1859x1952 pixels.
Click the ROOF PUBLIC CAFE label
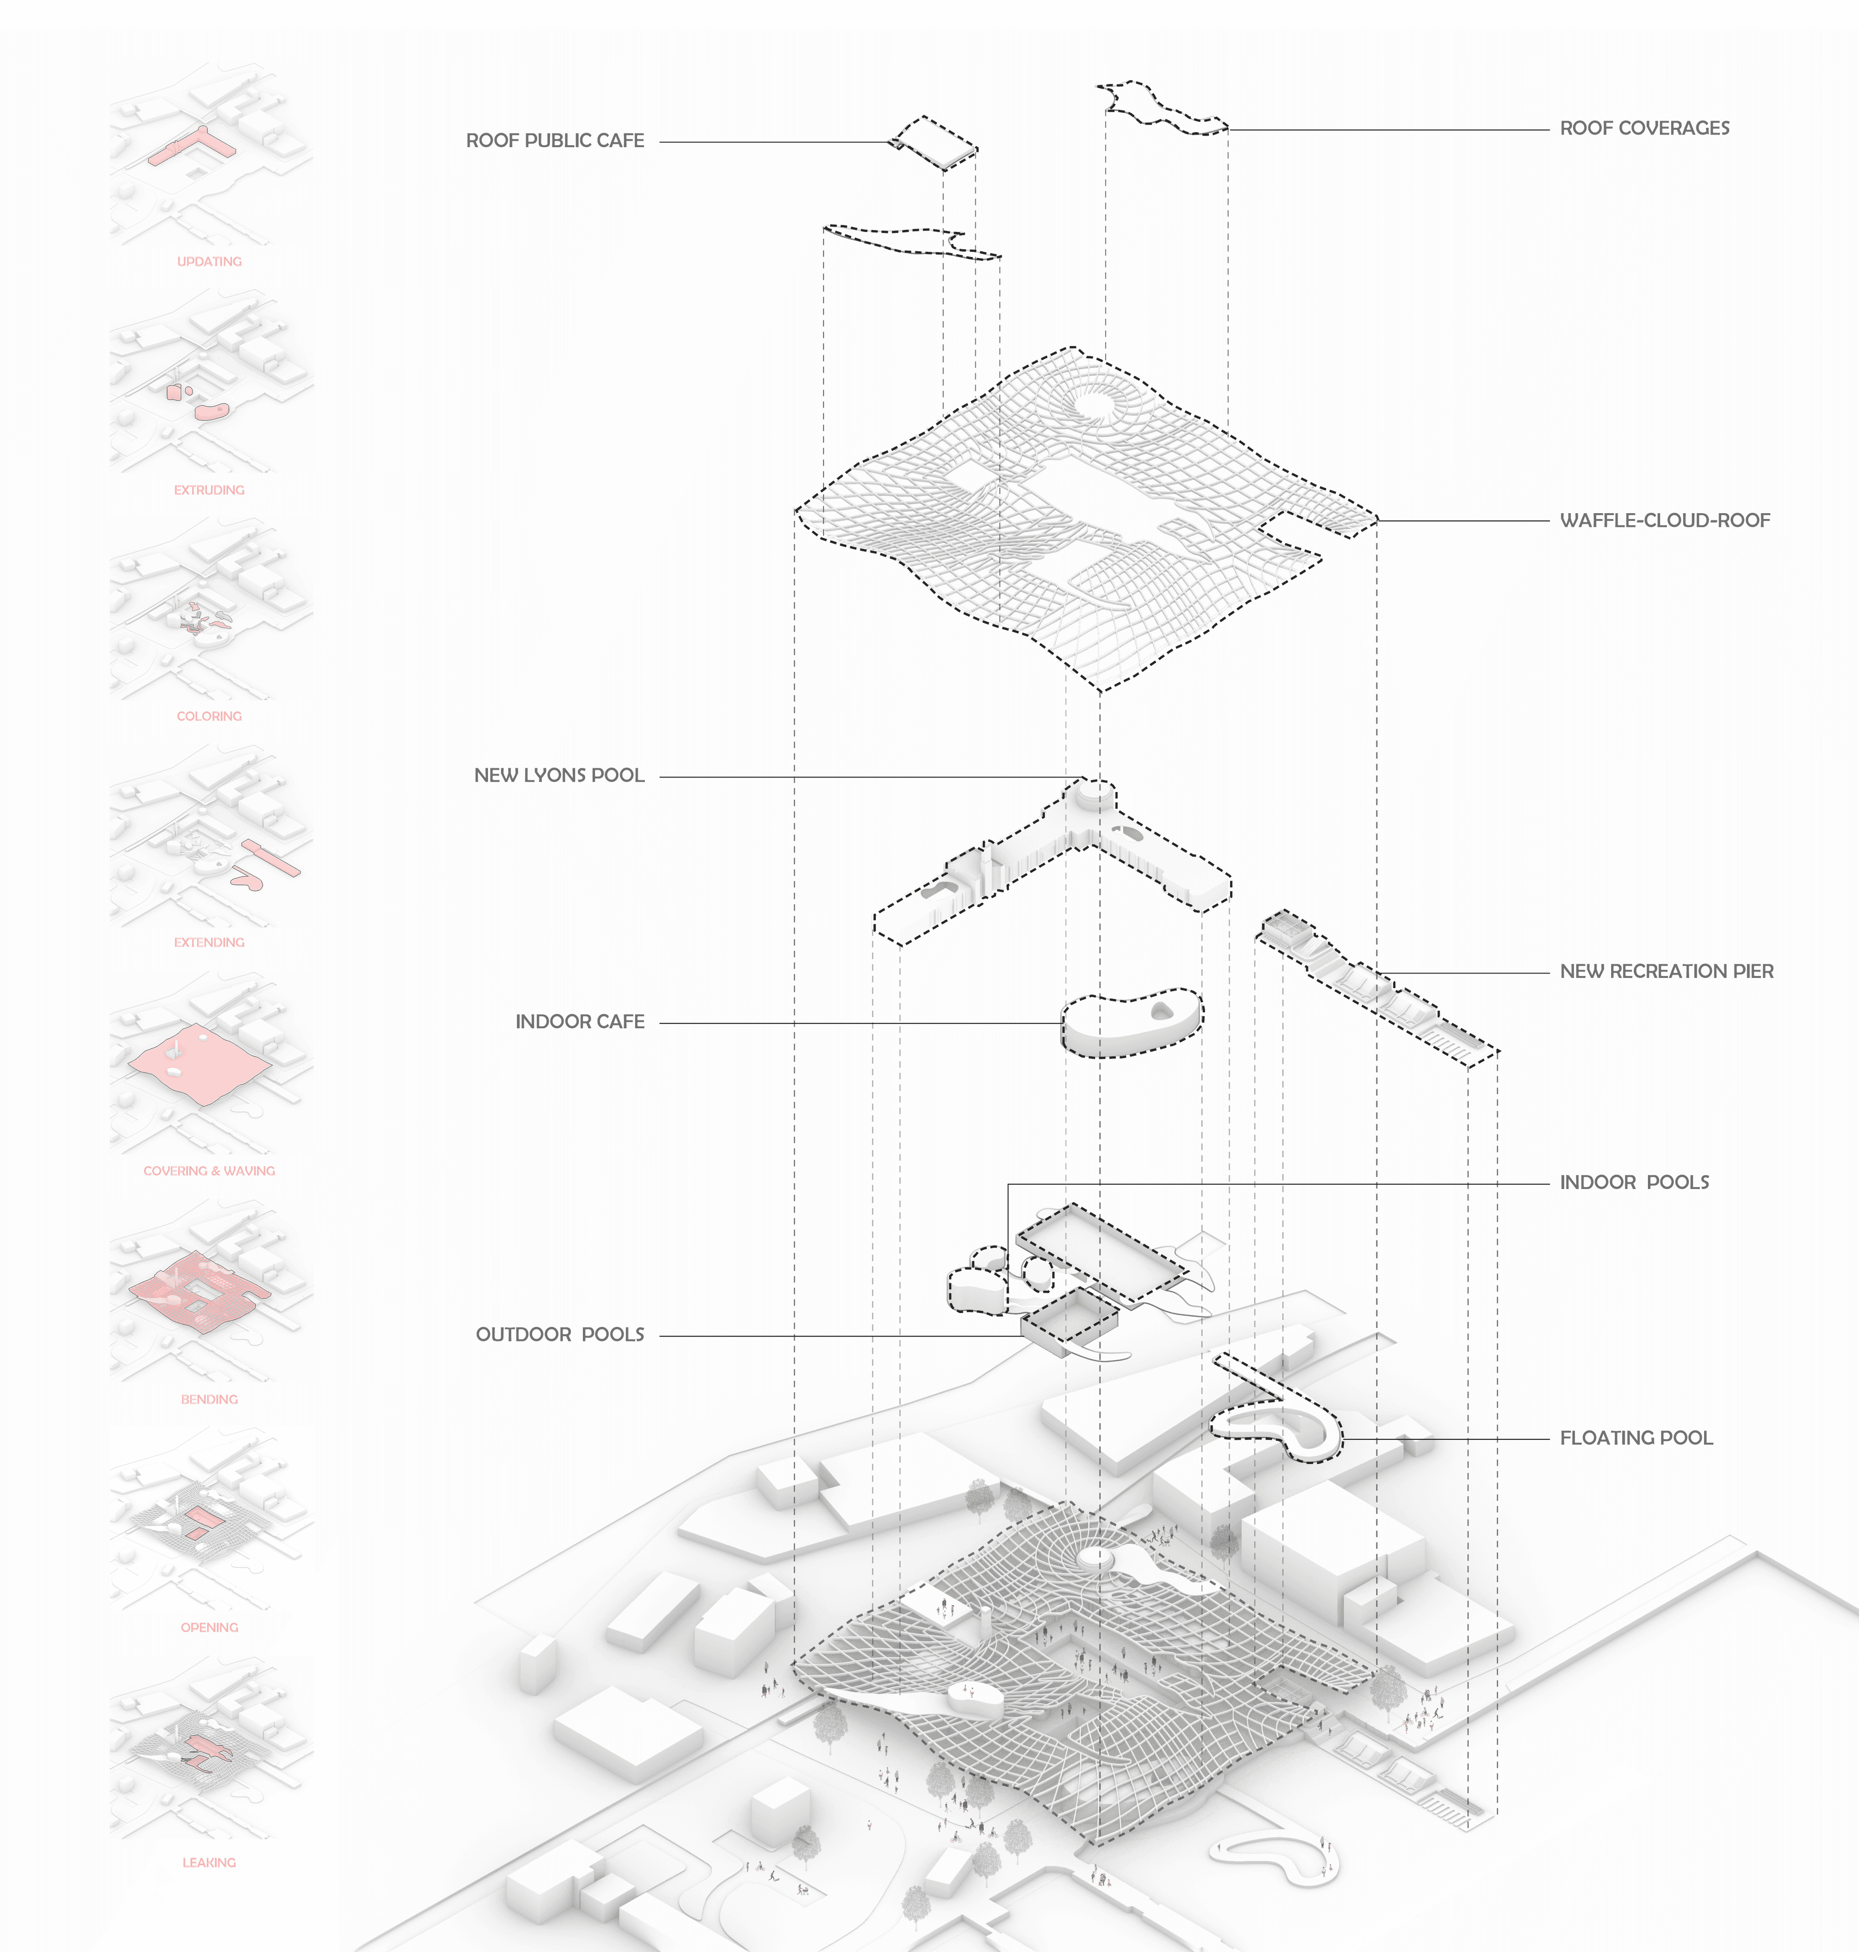click(x=555, y=141)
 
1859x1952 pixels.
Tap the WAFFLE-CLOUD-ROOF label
click(x=1665, y=520)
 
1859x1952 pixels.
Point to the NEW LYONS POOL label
click(x=559, y=775)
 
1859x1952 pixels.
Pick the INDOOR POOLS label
click(x=1634, y=1182)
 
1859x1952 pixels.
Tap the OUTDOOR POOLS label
click(x=560, y=1335)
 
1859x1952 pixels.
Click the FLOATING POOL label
click(x=1636, y=1438)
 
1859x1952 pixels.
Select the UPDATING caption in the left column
click(x=209, y=261)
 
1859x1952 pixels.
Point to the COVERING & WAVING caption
click(x=209, y=1170)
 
